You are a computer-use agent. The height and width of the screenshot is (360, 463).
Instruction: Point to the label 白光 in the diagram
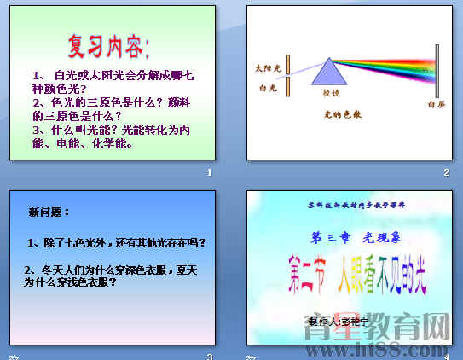[266, 88]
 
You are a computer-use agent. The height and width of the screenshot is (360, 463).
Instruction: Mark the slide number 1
[209, 172]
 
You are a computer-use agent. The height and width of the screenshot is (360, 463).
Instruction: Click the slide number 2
[445, 172]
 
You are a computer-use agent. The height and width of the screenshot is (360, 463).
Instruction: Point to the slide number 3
[209, 356]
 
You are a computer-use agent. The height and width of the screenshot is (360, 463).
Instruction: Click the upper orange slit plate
[289, 63]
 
